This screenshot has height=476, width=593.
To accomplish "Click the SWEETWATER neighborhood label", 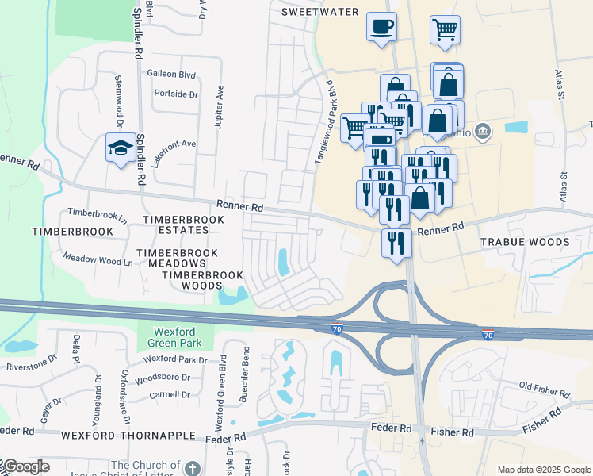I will coord(320,12).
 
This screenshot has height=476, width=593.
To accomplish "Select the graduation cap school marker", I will coord(121,148).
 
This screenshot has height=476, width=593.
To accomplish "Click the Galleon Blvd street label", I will coord(171,73).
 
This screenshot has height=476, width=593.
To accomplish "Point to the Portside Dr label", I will coord(176,94).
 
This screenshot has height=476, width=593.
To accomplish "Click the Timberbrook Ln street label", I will coord(98,213).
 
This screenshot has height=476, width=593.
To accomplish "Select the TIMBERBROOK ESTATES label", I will coord(175,224).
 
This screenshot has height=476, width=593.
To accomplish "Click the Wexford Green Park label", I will coord(174,336).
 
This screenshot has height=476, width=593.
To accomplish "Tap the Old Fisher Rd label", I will coord(544,390).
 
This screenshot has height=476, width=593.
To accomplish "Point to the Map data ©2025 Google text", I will coord(544,470).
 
